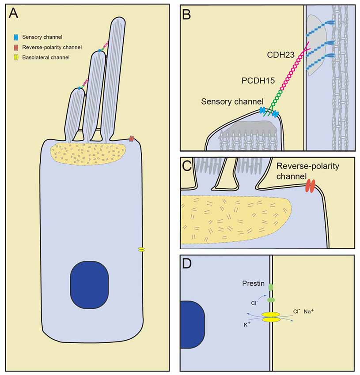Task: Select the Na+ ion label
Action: pos(310,311)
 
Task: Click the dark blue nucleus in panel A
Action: pos(89,281)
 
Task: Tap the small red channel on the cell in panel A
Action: pos(131,139)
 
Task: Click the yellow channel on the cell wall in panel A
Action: pos(141,250)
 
